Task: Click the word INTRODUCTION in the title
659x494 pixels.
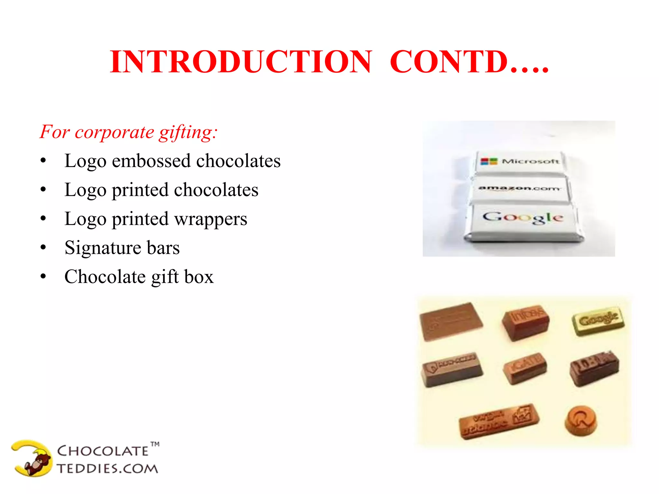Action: click(241, 62)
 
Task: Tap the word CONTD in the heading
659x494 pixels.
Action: click(449, 62)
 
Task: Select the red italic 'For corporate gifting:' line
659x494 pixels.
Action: click(129, 132)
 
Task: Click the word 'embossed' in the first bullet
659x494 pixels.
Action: click(151, 161)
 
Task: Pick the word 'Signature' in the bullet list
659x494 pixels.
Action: click(103, 248)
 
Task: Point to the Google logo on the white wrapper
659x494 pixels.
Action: click(523, 217)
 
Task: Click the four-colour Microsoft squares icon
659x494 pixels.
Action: click(489, 161)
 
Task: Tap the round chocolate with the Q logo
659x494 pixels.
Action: click(581, 420)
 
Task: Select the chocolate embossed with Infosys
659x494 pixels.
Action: click(526, 322)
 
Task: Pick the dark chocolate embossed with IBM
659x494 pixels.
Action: click(594, 368)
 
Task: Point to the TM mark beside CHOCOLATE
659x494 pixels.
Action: click(155, 444)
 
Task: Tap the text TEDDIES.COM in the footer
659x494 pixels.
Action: click(107, 469)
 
